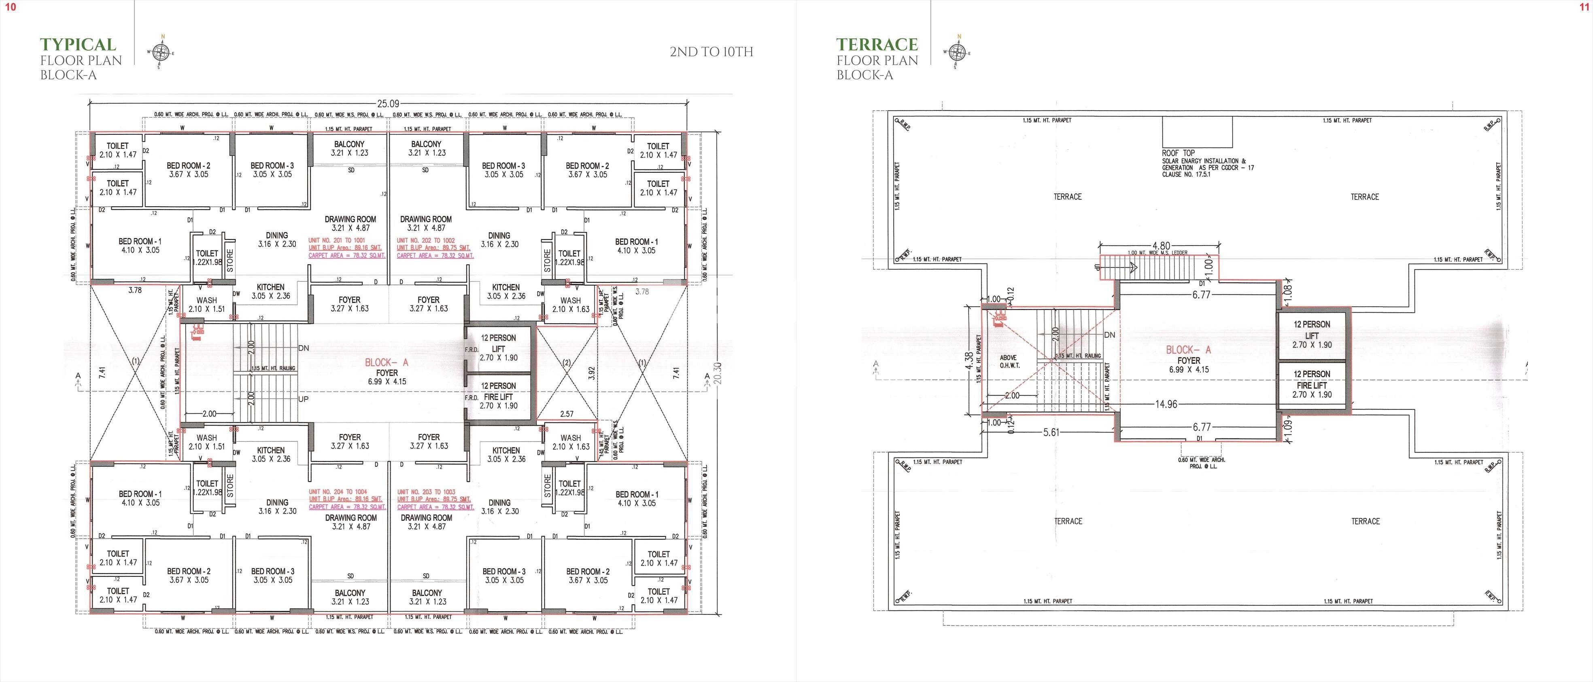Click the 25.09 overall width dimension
coord(389,104)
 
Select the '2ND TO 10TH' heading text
coord(711,52)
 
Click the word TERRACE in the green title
coord(877,44)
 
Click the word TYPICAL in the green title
coord(78,44)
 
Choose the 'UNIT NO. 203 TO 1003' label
coord(426,491)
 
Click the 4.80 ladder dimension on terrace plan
coord(1161,246)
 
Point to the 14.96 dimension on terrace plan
coord(1166,404)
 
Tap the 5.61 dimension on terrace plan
coord(1051,432)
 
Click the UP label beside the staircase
coord(303,399)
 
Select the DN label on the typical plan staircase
coord(303,348)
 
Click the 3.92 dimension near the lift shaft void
coord(591,373)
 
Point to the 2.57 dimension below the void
coord(567,414)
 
